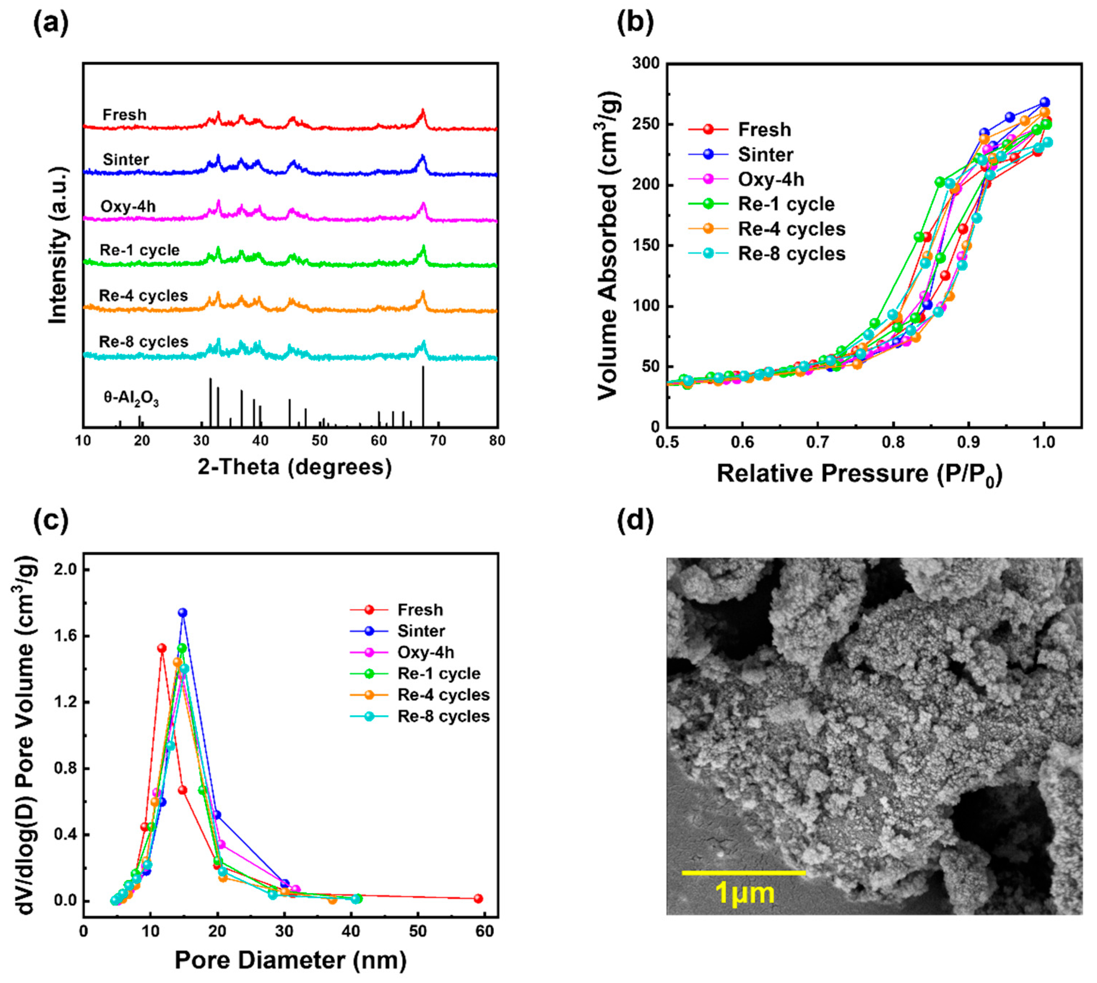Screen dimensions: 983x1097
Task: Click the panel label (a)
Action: tap(51, 24)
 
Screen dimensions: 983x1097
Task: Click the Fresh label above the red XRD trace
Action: tap(124, 115)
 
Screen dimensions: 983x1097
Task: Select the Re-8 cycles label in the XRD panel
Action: tap(144, 342)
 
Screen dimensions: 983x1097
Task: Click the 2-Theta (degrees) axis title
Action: tap(294, 466)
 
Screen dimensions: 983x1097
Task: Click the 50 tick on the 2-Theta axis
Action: tap(320, 441)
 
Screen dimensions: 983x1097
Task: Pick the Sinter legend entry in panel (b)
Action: tap(766, 155)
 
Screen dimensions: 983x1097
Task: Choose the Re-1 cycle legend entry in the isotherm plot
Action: tap(786, 204)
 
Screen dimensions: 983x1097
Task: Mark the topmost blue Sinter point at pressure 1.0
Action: tap(1044, 102)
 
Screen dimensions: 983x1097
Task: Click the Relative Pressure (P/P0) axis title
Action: tap(859, 474)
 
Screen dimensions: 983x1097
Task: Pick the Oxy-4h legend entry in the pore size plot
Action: tap(426, 652)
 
